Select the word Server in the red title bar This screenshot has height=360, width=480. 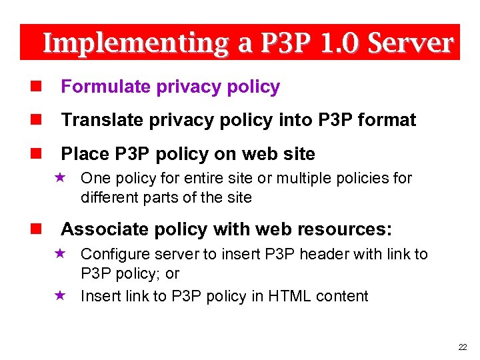[410, 43]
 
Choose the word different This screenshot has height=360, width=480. [110, 197]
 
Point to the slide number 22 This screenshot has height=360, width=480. [463, 347]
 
